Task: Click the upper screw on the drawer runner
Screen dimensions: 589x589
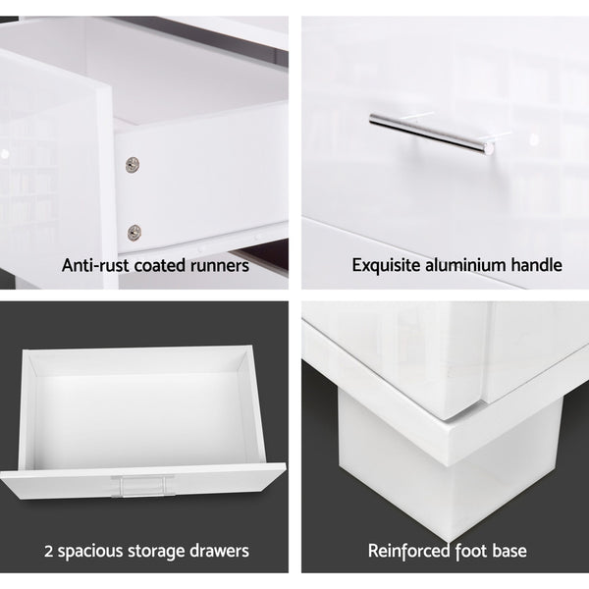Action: [x=133, y=165]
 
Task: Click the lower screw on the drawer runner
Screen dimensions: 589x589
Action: [x=134, y=233]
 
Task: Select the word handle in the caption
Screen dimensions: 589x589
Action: [x=534, y=265]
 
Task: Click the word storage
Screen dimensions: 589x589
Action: [x=170, y=551]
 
